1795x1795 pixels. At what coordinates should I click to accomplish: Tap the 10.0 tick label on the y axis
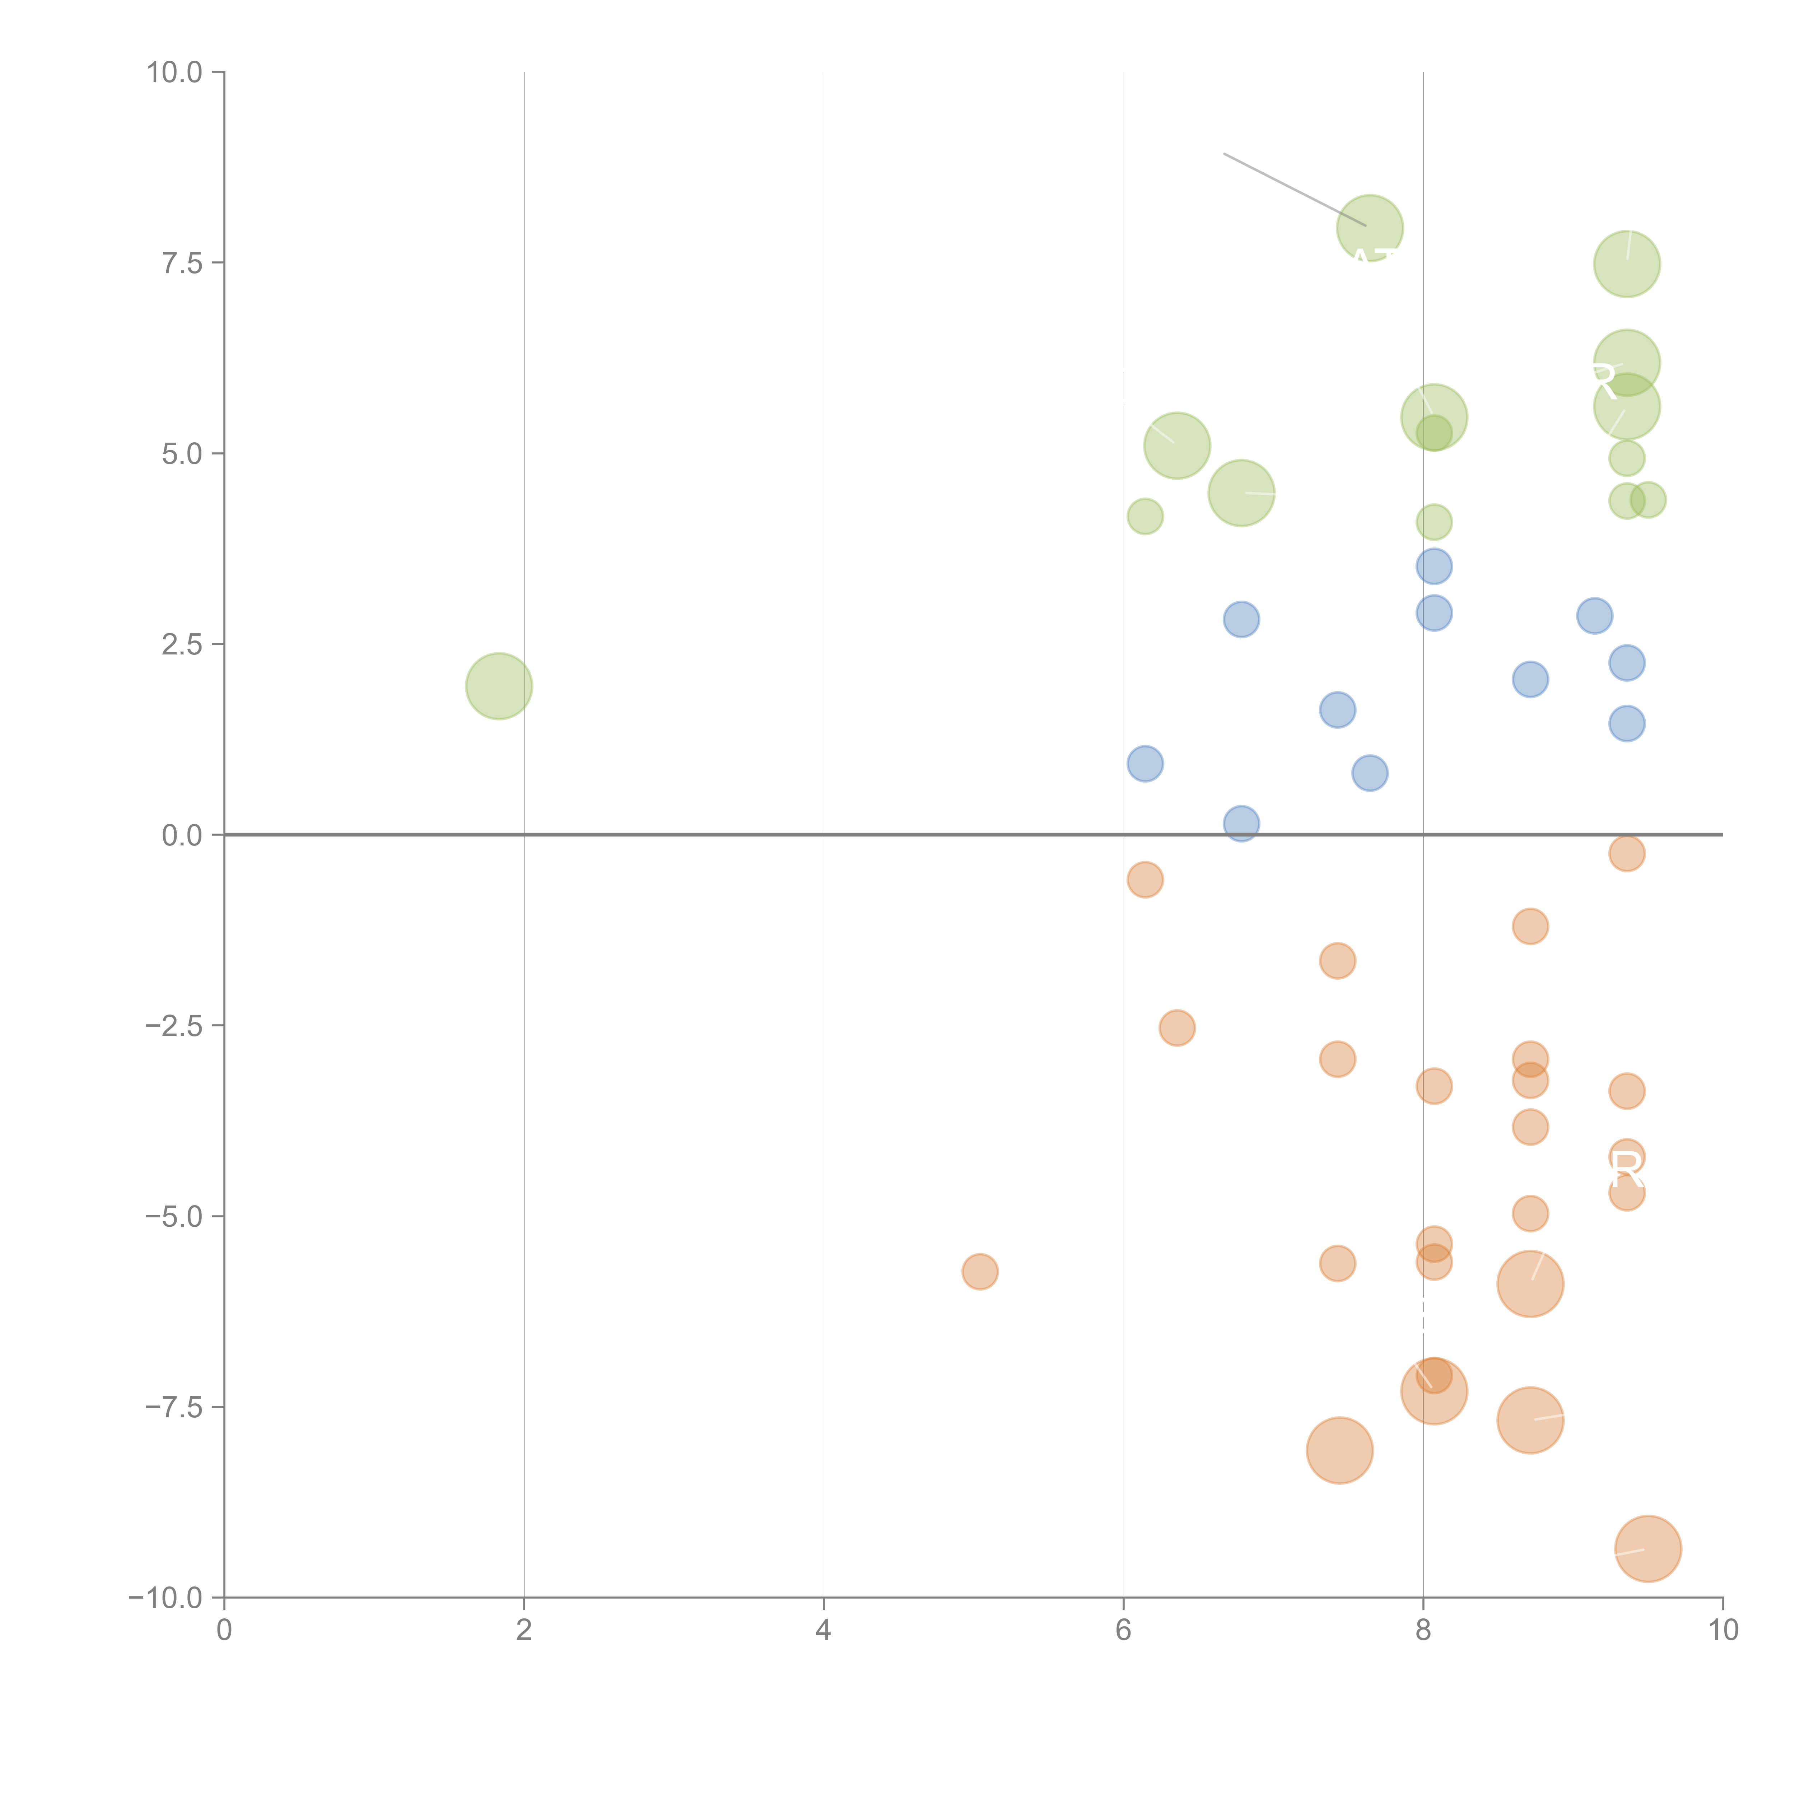(175, 73)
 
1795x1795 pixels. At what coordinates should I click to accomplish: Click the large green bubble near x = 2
(499, 686)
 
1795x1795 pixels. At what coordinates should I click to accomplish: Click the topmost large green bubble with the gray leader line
(1370, 229)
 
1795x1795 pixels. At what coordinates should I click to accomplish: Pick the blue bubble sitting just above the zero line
(1241, 823)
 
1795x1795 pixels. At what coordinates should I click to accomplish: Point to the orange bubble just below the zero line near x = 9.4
(1627, 853)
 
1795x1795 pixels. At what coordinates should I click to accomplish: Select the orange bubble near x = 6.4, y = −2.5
(1177, 1027)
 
